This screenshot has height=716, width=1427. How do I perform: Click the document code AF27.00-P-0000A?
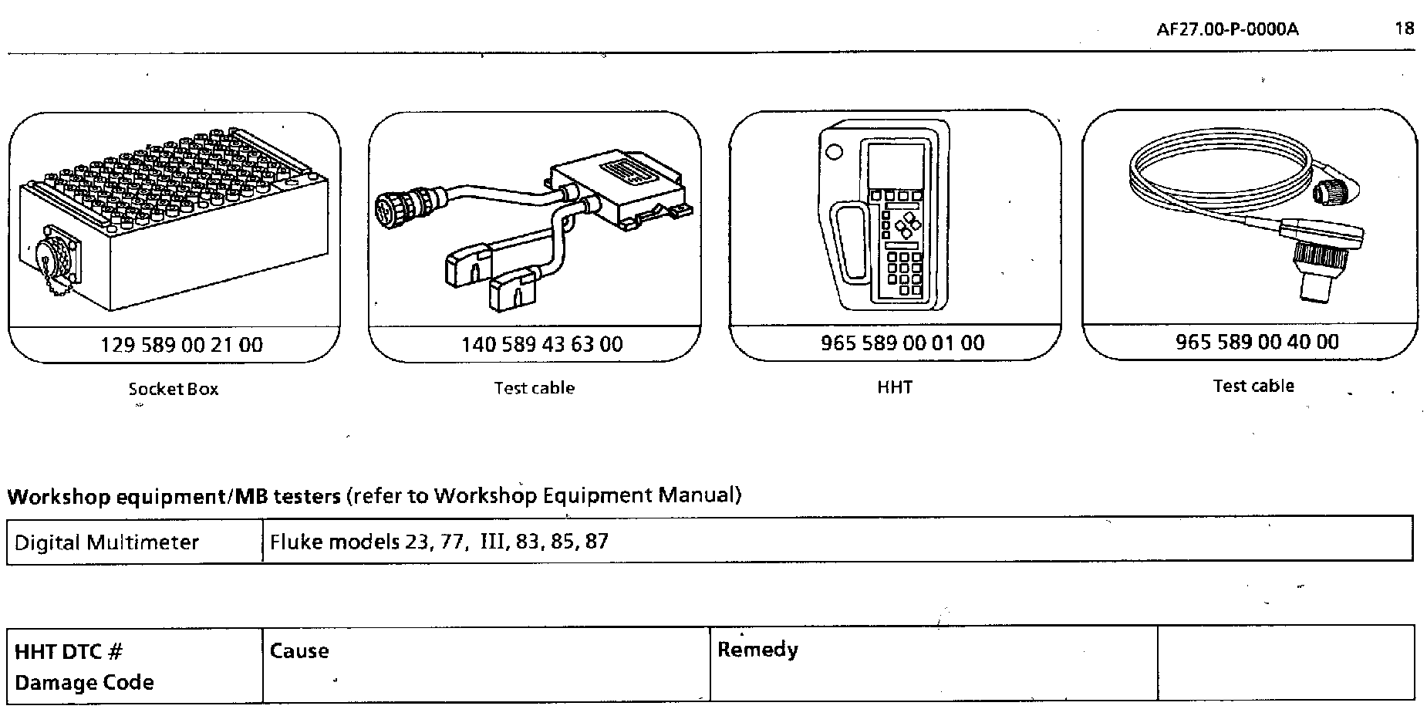coord(1227,29)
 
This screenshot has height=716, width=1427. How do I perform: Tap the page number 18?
coord(1405,29)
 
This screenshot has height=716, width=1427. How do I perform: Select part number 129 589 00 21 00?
coord(182,345)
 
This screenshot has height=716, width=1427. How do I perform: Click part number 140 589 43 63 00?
coord(541,344)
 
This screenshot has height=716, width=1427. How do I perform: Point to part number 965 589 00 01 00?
coord(902,343)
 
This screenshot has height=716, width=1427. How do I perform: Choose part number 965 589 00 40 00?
coord(1257,342)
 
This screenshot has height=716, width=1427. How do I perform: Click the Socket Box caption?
coord(174,389)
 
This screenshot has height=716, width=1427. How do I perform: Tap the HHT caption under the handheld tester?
coord(895,387)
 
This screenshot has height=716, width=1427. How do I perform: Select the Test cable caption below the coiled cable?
coord(1253,386)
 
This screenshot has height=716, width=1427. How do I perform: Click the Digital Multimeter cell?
coord(106,542)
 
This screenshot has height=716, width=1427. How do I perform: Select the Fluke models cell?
coord(439,542)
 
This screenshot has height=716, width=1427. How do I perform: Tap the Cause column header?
coord(299,651)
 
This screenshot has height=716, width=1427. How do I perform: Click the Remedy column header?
coord(757,650)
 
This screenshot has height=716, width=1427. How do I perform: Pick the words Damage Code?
coord(84,683)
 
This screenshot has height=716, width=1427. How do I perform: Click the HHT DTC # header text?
coord(69,652)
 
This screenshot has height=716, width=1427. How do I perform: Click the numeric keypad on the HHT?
coord(903,273)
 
